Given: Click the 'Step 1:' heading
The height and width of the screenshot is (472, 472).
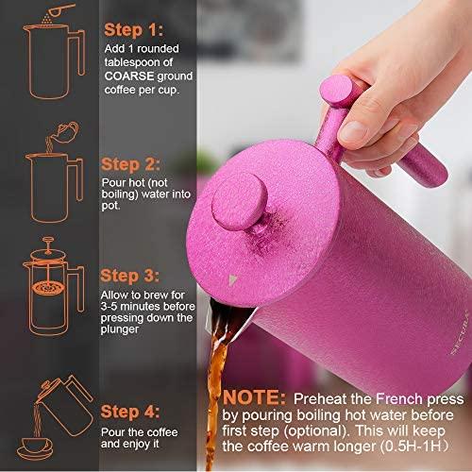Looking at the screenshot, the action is (x=133, y=30).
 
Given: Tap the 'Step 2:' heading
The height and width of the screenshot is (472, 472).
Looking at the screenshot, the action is (x=130, y=164).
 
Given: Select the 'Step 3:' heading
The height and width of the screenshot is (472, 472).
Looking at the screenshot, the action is (x=129, y=276).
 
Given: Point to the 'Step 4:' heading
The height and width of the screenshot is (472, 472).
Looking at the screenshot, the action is (x=130, y=412).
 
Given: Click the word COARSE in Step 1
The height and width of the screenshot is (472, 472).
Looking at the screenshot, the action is (x=129, y=76).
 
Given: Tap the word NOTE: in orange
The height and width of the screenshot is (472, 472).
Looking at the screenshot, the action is (x=254, y=397).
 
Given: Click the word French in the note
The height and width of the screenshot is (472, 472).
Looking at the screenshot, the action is (x=399, y=399).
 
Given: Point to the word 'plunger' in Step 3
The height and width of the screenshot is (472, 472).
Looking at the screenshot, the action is (x=120, y=329).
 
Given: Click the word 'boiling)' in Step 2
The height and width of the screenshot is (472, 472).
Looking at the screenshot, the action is (x=120, y=194).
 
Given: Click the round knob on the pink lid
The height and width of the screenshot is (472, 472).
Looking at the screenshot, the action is (x=239, y=200).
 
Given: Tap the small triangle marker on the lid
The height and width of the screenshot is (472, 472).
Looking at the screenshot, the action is (x=232, y=280).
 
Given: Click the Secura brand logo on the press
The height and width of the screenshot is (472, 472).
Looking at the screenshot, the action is (x=461, y=333).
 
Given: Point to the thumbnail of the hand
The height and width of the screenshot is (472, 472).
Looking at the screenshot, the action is (x=352, y=130).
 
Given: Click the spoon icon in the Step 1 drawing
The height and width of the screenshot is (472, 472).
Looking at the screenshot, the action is (x=59, y=9).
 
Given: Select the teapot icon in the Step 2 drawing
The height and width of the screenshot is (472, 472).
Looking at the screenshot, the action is (x=65, y=131).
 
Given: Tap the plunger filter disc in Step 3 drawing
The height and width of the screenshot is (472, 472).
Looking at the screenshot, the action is (x=47, y=288).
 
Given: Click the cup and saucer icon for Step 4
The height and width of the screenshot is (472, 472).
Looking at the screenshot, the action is (x=35, y=448).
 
